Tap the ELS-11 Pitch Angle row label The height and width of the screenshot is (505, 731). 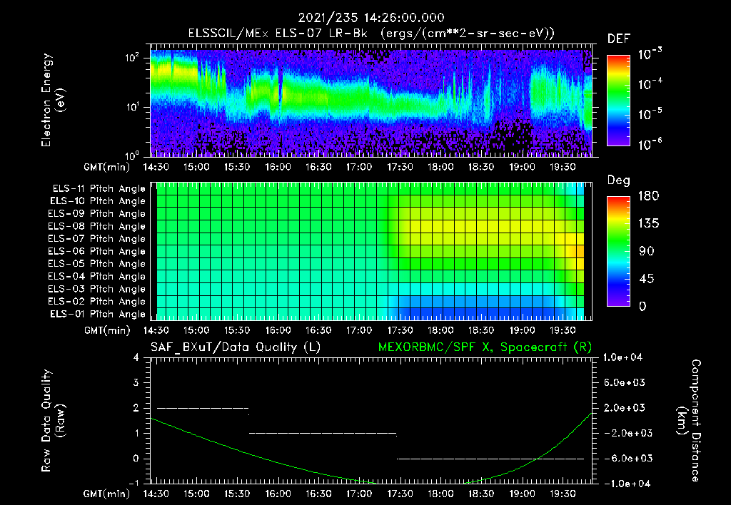click(98, 188)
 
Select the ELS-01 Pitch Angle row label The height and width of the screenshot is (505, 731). click(98, 314)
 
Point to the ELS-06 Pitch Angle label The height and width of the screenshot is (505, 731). click(98, 251)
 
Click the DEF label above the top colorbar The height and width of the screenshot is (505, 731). click(618, 39)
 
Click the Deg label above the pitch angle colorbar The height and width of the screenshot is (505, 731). click(618, 180)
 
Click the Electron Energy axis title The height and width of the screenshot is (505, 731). click(54, 100)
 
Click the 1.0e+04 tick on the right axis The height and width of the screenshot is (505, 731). click(625, 357)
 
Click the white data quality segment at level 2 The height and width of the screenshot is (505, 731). click(202, 408)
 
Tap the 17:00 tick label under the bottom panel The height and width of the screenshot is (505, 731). click(359, 494)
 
